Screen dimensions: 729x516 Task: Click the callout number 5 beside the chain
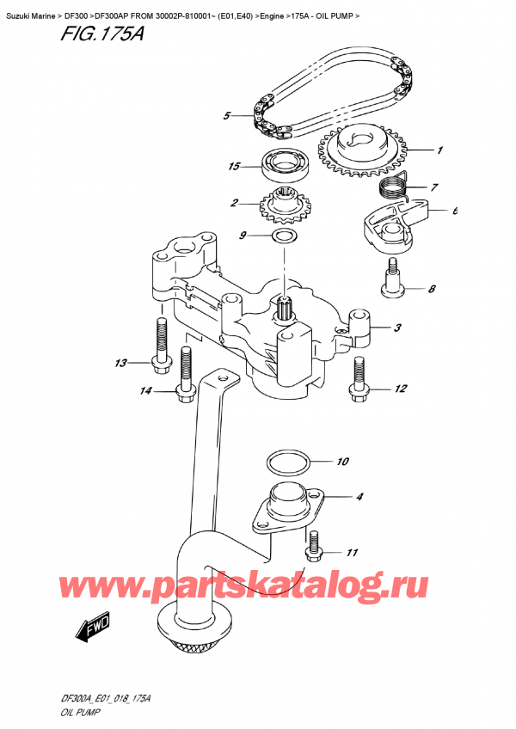point(226,115)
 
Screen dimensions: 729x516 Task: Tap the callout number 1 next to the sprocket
point(439,150)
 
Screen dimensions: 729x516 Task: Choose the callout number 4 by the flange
point(359,496)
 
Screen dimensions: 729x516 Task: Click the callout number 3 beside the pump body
point(398,327)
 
